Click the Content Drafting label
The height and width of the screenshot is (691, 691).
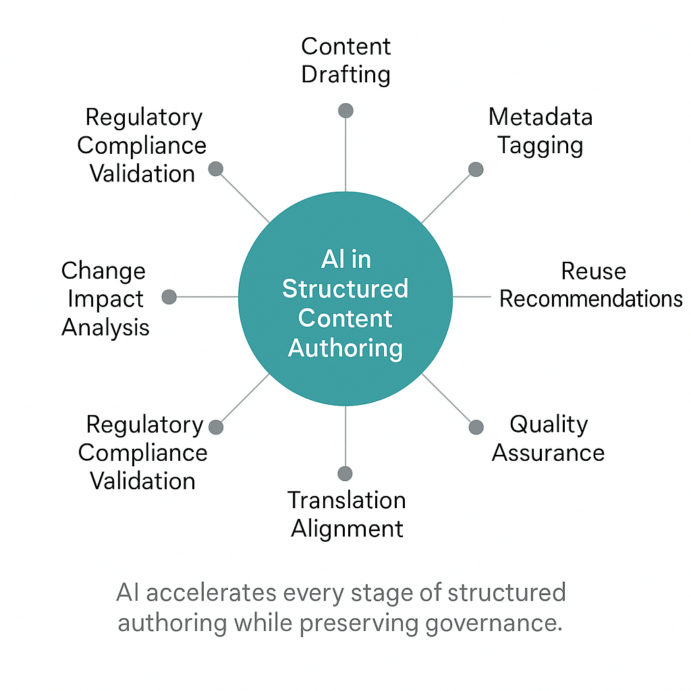(345, 60)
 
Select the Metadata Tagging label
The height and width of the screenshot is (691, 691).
(541, 131)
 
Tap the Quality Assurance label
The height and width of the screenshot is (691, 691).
(548, 438)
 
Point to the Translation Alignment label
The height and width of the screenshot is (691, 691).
(347, 514)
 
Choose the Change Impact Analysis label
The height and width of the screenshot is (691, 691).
(105, 299)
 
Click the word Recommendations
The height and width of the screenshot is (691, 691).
(591, 299)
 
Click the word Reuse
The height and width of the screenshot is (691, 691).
(593, 271)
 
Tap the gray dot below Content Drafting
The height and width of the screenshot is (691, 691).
(345, 111)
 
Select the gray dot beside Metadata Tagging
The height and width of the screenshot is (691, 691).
(476, 169)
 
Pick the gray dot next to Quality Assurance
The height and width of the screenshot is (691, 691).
(476, 426)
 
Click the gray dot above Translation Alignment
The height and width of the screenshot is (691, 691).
(345, 473)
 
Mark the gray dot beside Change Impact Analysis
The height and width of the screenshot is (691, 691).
(169, 297)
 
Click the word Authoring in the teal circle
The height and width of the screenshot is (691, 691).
(345, 348)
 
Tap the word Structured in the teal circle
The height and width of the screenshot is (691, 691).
(345, 289)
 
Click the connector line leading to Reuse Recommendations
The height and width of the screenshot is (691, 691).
(471, 297)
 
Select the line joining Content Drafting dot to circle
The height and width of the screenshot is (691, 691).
(345, 155)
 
